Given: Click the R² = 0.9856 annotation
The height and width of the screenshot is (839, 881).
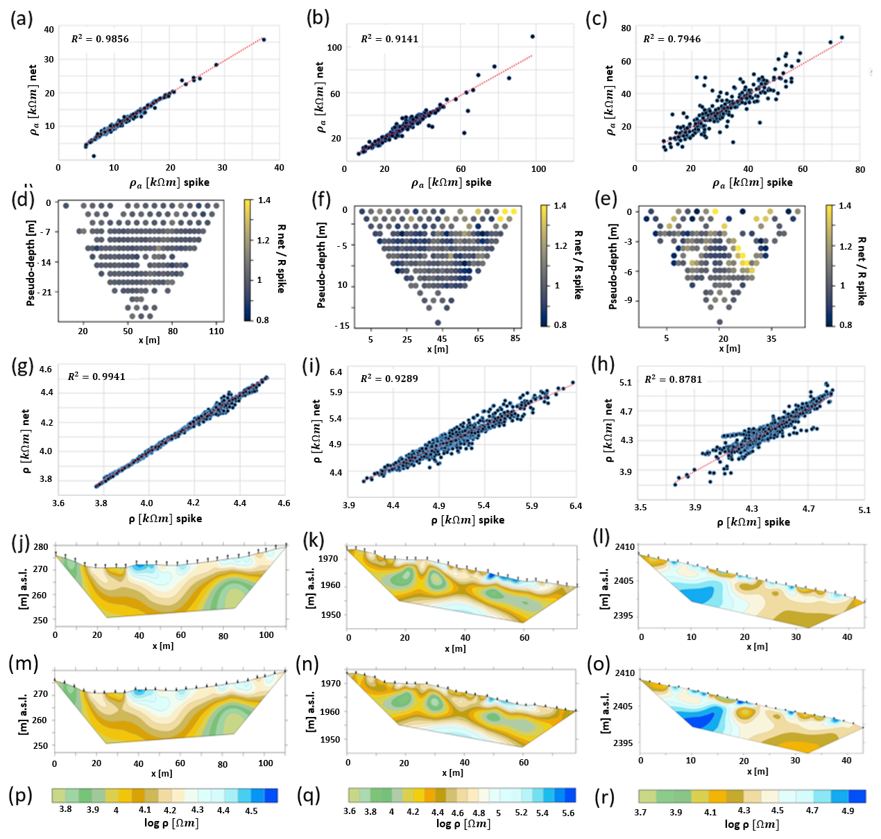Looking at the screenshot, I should [100, 39].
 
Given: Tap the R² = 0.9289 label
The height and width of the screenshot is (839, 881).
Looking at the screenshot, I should [389, 379].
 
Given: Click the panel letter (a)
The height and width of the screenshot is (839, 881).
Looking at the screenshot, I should [22, 19].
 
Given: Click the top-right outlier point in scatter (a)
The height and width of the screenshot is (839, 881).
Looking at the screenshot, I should [264, 40].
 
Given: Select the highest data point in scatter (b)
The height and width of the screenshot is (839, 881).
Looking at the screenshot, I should [532, 36].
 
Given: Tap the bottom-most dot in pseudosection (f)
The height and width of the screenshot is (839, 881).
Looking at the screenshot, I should [438, 322].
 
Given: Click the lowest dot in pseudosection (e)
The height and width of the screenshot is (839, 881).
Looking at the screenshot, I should [719, 322].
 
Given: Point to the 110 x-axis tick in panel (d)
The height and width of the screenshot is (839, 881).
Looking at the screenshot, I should [216, 331].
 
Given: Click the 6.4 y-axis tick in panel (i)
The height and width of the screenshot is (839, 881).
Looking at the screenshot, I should [336, 372].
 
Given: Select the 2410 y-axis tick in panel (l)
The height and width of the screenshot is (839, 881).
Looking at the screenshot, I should [625, 546].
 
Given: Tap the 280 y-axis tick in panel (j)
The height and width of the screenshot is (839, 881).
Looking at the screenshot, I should [41, 547].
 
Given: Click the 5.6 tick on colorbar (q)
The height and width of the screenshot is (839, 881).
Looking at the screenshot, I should [568, 813].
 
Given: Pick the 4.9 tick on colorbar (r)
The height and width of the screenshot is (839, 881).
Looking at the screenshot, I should [848, 811].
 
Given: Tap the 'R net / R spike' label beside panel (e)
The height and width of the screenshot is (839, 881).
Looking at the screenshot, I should [861, 270].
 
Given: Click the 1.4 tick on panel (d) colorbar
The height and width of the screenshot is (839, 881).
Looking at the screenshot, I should [264, 200].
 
